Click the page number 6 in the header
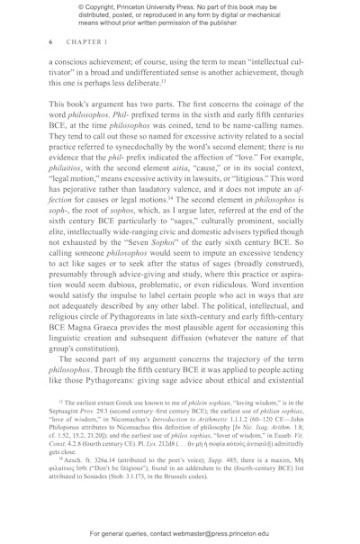50,42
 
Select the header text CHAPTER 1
82,42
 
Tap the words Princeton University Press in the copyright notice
166,10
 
